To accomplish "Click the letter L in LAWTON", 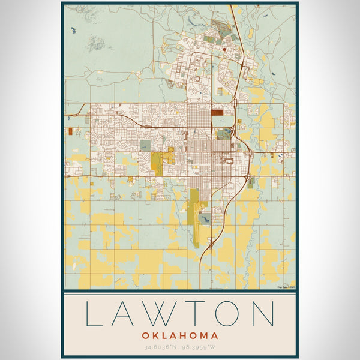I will tap(95, 314).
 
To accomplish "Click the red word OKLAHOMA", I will tap(180, 335).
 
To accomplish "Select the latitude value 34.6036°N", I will tap(161, 347).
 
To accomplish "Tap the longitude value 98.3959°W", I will tap(199, 347).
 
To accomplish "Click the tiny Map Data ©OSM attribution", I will tap(286, 287).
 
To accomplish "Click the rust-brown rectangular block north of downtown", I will tap(217, 112).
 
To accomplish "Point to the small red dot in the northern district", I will tap(223, 49).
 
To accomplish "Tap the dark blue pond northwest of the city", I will tap(73, 29).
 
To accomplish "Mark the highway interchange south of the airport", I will tap(211, 243).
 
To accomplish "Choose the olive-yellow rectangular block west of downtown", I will tap(157, 163).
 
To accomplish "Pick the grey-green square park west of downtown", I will tap(145, 145).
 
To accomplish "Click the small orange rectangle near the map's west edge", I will tap(70, 131).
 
